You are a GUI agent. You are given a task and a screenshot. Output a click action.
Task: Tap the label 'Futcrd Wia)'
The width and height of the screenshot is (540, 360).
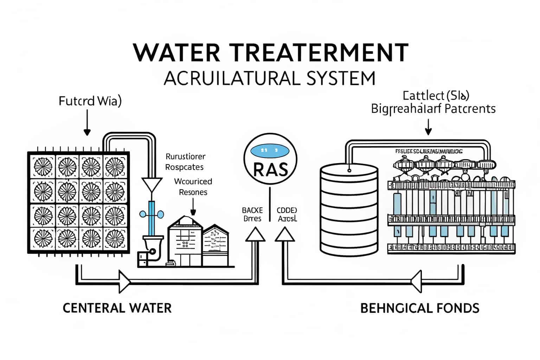(90, 101)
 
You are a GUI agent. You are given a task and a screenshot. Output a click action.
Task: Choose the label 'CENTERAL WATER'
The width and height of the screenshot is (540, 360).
(117, 308)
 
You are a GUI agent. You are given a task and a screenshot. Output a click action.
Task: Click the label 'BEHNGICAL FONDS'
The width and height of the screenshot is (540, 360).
(420, 308)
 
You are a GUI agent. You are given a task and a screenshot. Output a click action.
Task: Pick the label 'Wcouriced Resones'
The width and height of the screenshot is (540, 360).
(193, 187)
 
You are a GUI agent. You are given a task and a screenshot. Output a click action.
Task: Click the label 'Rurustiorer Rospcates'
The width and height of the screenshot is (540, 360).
(185, 161)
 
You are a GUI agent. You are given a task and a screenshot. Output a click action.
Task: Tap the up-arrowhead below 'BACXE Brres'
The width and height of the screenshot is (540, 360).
(255, 234)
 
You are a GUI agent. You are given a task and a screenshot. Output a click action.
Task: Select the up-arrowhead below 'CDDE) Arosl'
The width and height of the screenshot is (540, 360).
(284, 234)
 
